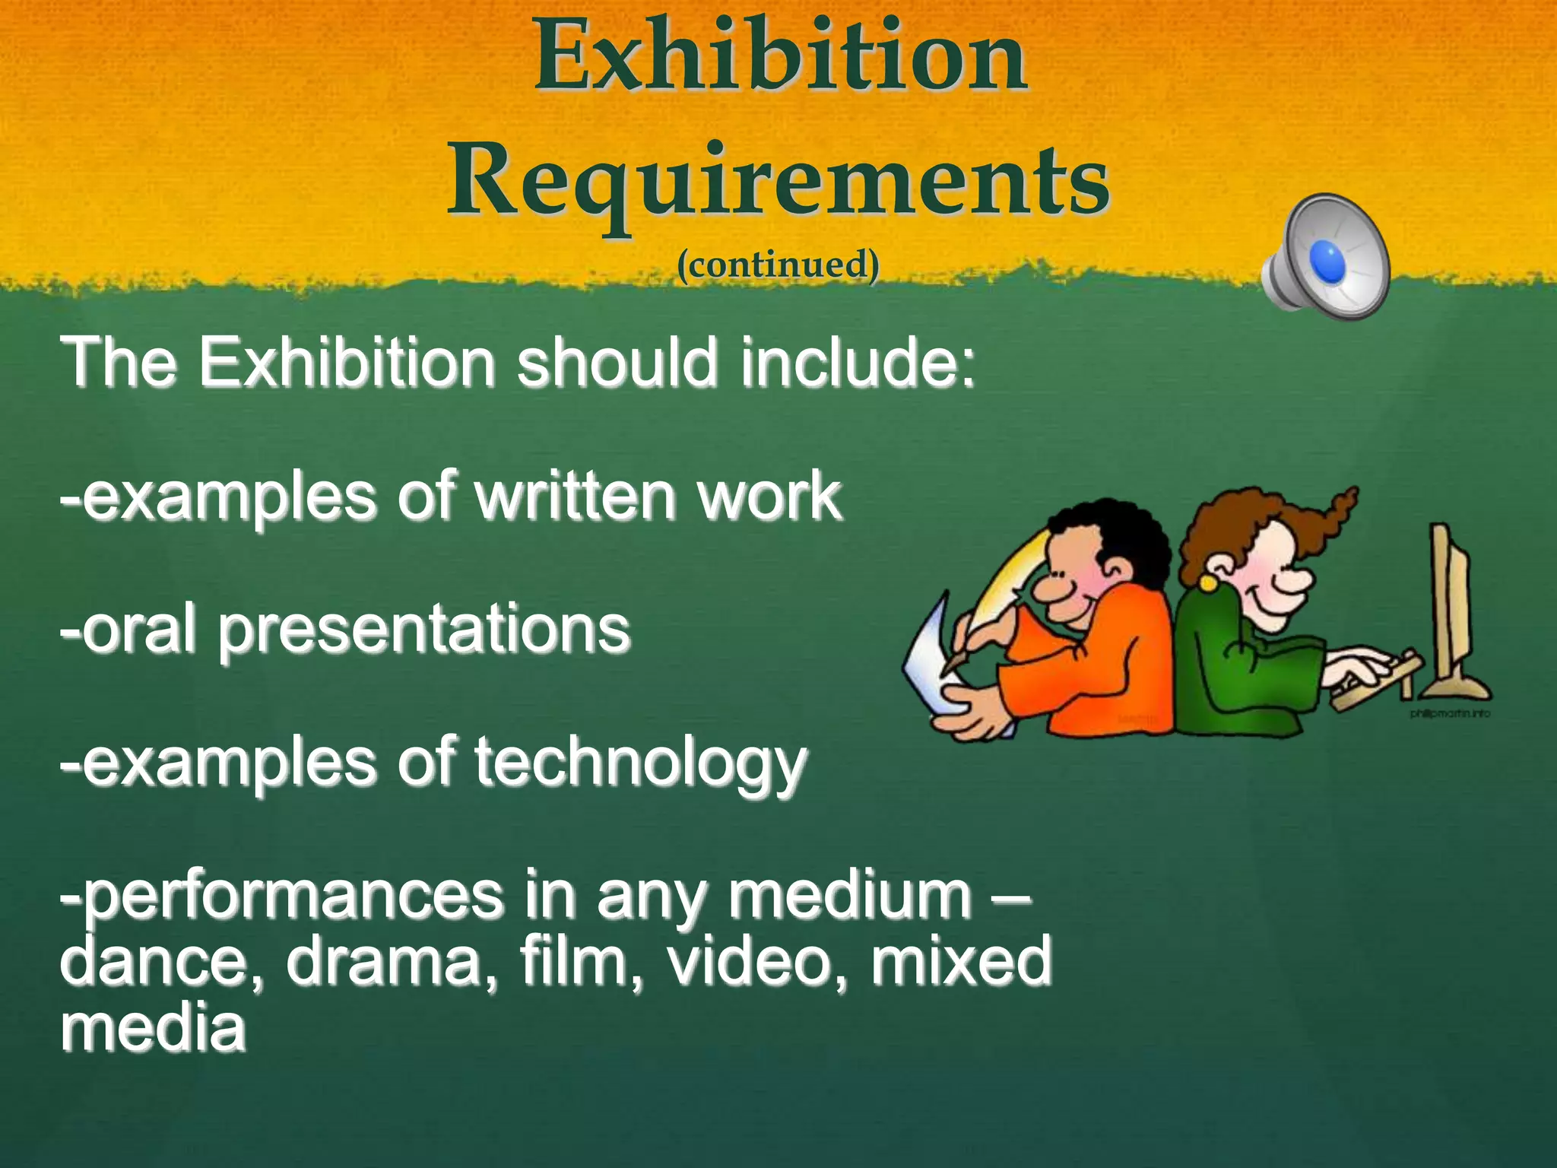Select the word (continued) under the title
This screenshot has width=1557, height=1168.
coord(778,265)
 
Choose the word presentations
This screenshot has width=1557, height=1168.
coord(424,630)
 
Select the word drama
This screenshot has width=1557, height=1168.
coord(394,963)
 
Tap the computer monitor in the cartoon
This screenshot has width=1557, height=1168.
coord(1452,608)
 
